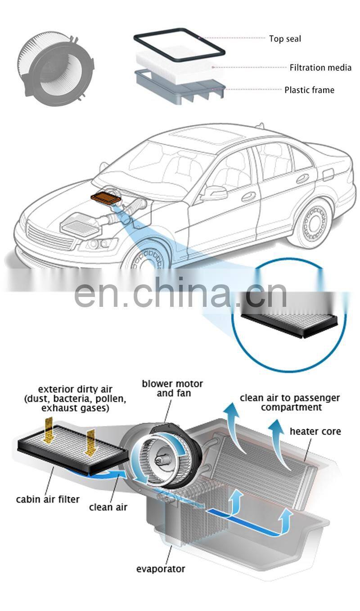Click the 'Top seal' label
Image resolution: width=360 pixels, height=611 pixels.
(285, 39)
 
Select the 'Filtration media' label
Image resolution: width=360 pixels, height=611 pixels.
(320, 67)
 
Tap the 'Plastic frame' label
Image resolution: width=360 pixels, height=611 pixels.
(309, 90)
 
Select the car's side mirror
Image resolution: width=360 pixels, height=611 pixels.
(214, 193)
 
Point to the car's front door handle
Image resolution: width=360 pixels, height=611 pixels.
(248, 196)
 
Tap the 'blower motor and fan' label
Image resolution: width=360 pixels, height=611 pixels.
(172, 388)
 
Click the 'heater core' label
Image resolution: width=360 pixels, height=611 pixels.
(315, 431)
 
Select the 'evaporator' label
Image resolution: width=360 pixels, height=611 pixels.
(161, 569)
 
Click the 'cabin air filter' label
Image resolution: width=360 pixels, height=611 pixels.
(48, 499)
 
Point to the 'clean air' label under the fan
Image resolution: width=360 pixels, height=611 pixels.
(108, 507)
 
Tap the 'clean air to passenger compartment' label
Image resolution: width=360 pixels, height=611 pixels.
(290, 402)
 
